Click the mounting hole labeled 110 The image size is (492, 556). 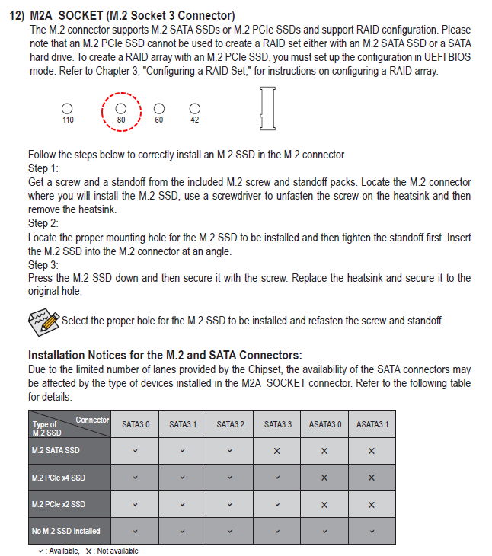pos(68,109)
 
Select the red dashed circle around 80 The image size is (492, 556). pos(121,110)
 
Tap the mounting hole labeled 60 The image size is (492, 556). pos(159,109)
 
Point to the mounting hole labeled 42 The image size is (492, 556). pos(195,109)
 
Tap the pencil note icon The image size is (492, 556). pos(43,321)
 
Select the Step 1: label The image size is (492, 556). pos(43,168)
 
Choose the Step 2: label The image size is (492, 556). pos(43,224)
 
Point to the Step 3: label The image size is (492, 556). pos(43,265)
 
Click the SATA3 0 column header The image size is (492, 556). pos(135,424)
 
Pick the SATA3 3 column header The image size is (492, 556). pos(277,424)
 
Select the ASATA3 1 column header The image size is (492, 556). pos(372,424)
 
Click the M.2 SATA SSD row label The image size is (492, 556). pos(56,451)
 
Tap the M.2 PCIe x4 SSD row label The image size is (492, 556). pos(59,478)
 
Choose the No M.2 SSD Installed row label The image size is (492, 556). pos(66,531)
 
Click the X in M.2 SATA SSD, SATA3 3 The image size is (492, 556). pos(277,451)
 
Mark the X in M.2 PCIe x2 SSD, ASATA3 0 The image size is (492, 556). pos(324,504)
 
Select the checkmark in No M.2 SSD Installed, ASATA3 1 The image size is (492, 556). pos(372,531)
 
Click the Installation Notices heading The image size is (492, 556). pos(165,355)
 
